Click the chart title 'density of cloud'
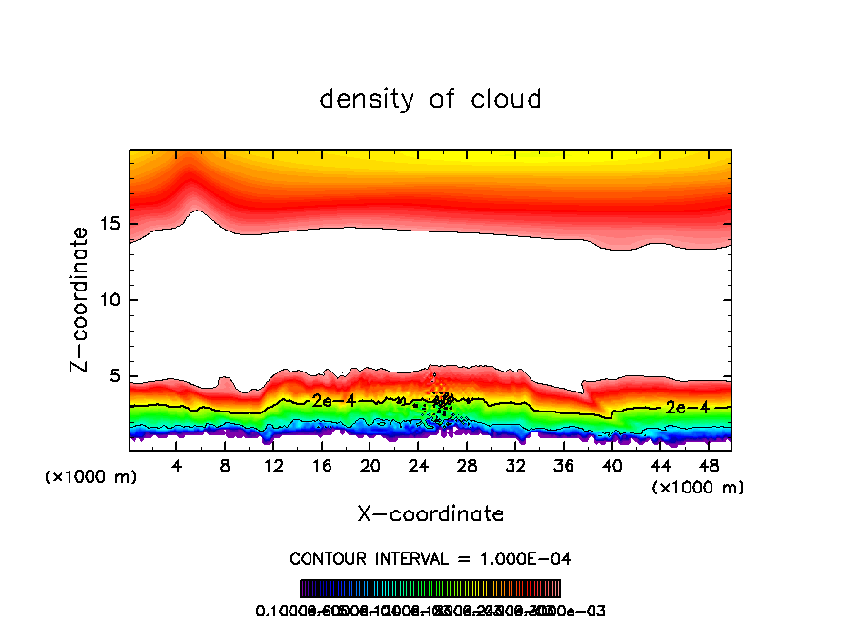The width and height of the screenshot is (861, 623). click(x=430, y=98)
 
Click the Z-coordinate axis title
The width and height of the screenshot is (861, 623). click(x=83, y=299)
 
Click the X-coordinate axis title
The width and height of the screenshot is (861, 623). click(x=430, y=514)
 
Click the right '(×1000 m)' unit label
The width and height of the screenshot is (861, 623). click(x=698, y=488)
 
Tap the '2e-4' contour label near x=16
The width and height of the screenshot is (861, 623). click(x=333, y=401)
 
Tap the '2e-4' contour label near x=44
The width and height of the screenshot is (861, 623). click(x=687, y=407)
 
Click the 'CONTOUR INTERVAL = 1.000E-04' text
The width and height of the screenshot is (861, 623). click(x=430, y=558)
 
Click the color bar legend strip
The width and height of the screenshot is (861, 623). click(x=430, y=589)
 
